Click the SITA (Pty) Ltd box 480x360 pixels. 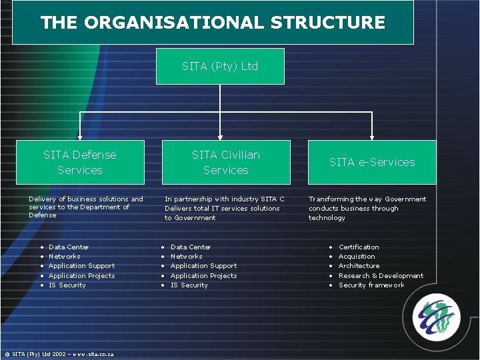(220, 66)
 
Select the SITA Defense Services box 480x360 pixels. (80, 162)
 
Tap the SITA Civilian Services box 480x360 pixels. (226, 162)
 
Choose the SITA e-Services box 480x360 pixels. (372, 162)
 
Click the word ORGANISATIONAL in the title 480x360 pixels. (173, 23)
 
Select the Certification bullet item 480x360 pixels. (359, 247)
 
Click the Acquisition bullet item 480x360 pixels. (357, 257)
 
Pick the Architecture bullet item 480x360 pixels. (359, 266)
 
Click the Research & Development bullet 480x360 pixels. (381, 276)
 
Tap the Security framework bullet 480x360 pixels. (371, 285)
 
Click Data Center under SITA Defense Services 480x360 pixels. (69, 247)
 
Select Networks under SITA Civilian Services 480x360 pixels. (186, 257)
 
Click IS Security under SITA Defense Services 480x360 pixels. (67, 285)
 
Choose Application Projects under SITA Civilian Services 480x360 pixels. (203, 276)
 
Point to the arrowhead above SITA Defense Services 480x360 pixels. (80, 136)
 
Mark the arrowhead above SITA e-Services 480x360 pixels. (372, 136)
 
